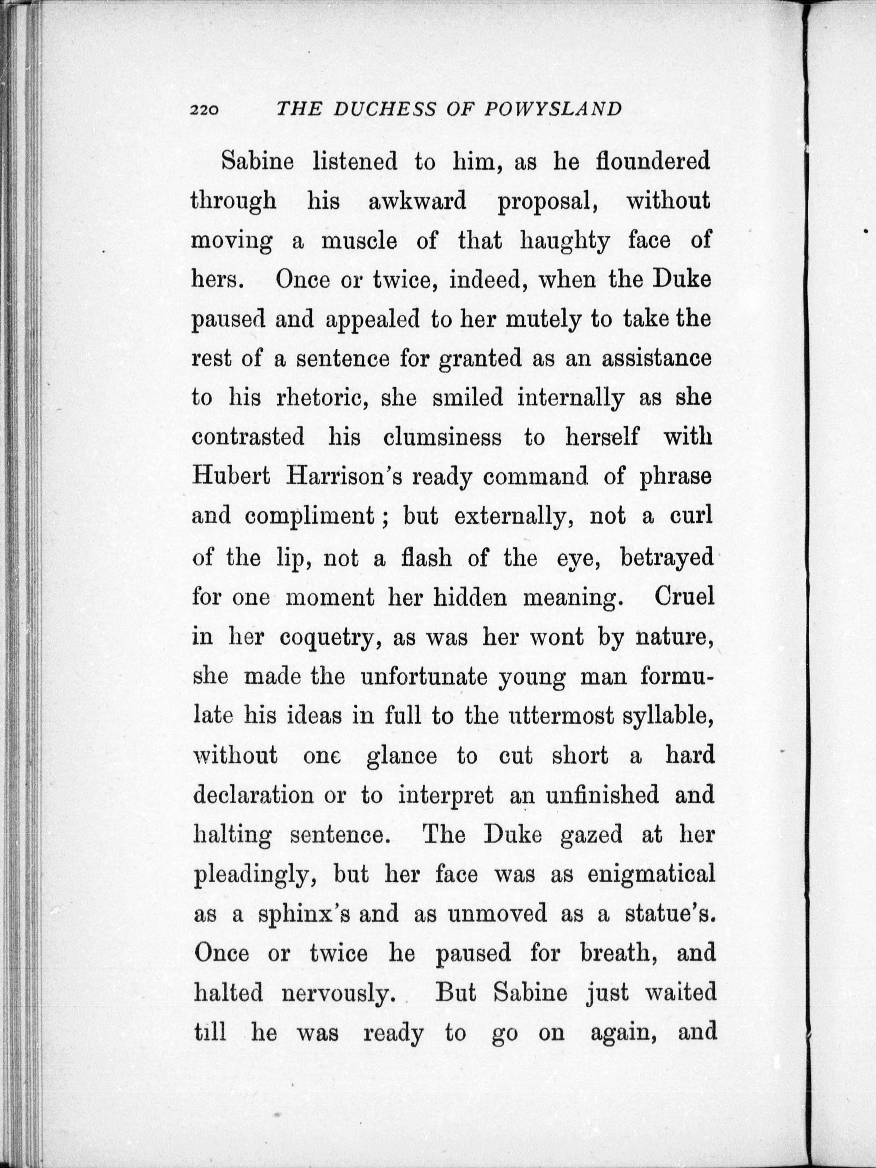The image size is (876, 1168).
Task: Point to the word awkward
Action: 417,201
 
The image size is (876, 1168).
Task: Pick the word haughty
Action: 565,241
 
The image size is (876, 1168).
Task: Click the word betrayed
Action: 666,557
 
